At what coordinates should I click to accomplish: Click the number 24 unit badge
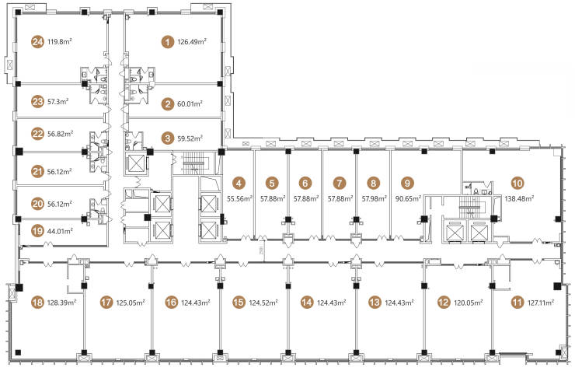37,42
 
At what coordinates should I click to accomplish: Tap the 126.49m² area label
192,41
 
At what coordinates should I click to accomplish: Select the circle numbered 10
517,183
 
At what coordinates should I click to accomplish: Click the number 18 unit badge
37,303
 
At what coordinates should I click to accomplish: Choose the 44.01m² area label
60,231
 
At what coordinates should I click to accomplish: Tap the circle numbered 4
239,183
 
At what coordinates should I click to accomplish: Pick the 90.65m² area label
408,198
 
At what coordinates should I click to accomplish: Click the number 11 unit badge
517,303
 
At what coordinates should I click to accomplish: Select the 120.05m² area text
468,303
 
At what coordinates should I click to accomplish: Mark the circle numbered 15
239,303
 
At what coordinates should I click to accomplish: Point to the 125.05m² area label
131,303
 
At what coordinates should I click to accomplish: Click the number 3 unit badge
168,138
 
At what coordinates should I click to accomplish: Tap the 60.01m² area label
190,104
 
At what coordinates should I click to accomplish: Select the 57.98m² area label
375,198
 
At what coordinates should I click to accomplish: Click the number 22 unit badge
37,134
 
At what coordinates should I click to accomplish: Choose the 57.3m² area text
58,101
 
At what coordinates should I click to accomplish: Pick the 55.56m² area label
240,198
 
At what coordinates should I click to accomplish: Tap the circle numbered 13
375,303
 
